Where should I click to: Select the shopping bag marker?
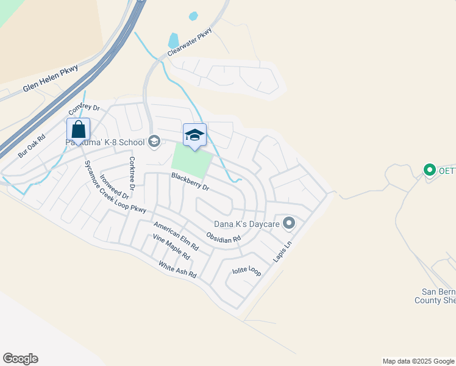tap(78, 130)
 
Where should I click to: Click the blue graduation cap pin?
tap(194, 135)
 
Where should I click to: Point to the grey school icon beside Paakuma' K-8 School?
tap(154, 142)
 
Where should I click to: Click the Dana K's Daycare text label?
tap(246, 224)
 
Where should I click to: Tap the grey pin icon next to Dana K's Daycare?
tap(289, 223)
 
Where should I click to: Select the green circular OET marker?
tap(429, 170)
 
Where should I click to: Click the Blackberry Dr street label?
tap(190, 182)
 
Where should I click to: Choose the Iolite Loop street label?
tap(246, 271)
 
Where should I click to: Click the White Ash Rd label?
tap(177, 270)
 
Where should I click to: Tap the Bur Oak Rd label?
tap(32, 146)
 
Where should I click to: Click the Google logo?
tap(20, 359)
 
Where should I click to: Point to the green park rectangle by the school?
tap(191, 160)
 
